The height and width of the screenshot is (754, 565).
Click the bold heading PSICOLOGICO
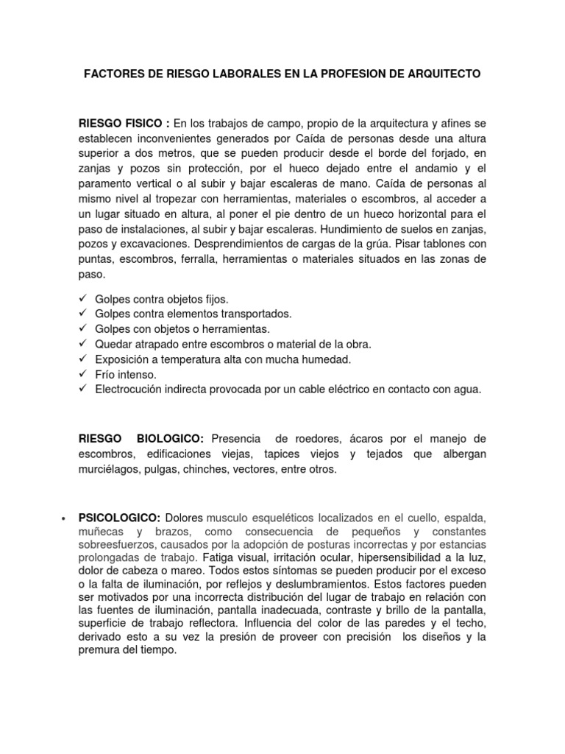(120, 518)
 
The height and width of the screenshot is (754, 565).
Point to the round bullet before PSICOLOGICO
(60, 518)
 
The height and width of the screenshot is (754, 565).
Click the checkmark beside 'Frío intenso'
(82, 375)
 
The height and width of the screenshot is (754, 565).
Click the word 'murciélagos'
(108, 470)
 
